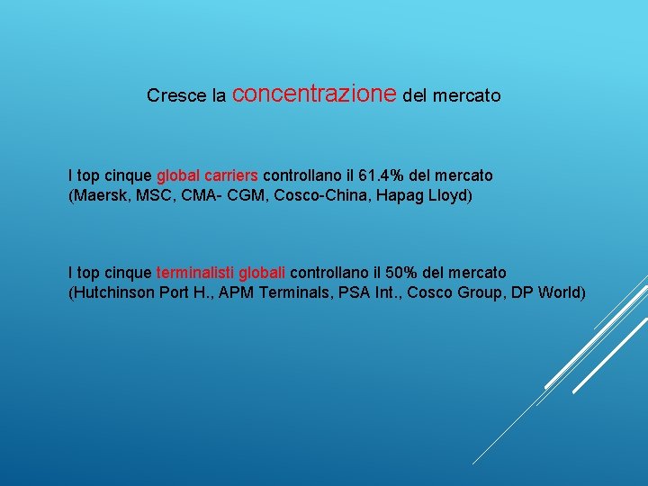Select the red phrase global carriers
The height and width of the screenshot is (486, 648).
[208, 175]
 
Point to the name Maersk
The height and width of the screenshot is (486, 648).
[99, 195]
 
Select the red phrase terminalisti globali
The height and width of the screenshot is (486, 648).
[221, 273]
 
